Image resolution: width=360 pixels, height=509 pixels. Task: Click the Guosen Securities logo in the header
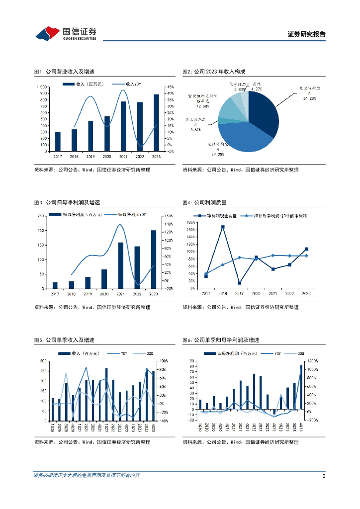(x=65, y=33)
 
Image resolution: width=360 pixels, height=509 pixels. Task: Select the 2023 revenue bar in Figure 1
(x=156, y=123)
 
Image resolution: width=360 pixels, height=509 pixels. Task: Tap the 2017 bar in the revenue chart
(x=58, y=142)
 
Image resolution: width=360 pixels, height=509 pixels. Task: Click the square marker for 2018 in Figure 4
(x=223, y=227)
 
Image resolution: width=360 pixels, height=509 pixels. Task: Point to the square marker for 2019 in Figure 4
(x=239, y=283)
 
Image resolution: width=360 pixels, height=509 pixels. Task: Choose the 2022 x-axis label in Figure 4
(x=289, y=294)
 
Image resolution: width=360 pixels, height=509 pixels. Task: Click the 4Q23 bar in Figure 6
(x=301, y=388)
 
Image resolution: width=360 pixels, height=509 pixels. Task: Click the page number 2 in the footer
(x=324, y=476)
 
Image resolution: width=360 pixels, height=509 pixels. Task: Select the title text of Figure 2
(x=214, y=72)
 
